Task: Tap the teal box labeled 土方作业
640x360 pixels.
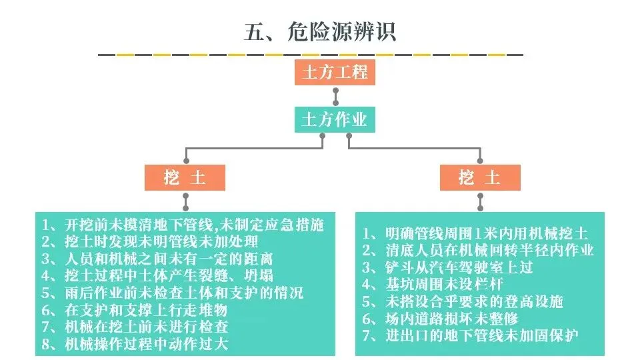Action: pos(335,121)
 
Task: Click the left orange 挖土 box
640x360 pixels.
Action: pos(185,178)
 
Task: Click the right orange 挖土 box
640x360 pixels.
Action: pos(479,178)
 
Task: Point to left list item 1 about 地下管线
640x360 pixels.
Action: pos(183,224)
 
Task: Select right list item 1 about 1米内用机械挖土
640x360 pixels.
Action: pos(475,233)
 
